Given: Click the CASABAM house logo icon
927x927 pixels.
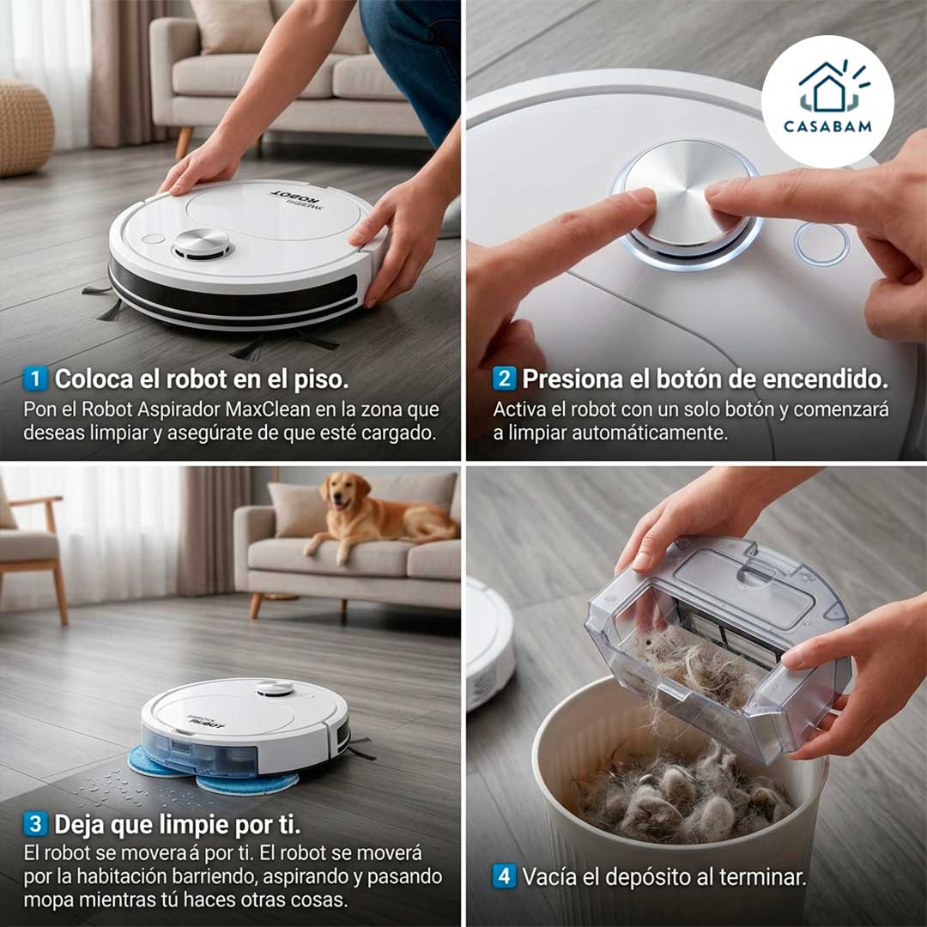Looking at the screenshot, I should tap(827, 88).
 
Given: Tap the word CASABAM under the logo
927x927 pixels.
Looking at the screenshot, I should tap(827, 126).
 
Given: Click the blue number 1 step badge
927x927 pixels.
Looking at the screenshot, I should tap(35, 379).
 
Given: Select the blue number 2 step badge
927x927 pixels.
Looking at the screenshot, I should tap(504, 379).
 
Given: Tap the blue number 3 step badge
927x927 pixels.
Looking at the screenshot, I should tap(35, 825).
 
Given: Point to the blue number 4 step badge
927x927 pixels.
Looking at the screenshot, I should tap(504, 876).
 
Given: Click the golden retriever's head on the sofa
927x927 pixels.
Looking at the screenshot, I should tap(340, 493).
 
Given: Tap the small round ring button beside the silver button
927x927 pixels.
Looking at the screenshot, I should tap(821, 244).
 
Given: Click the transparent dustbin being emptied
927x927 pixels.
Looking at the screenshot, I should tap(717, 639).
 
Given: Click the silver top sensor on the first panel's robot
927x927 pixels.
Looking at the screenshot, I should tap(203, 244).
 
